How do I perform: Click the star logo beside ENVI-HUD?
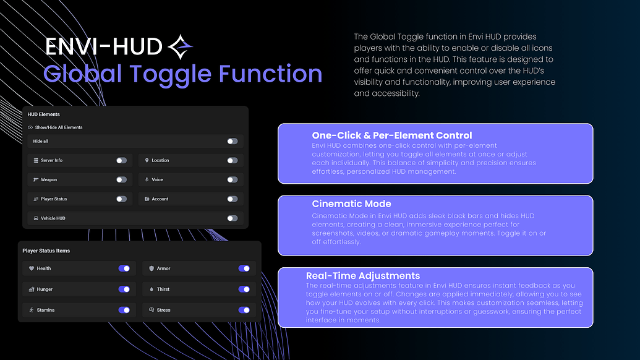pos(181,45)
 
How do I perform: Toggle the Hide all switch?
pos(232,141)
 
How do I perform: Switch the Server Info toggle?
pos(121,160)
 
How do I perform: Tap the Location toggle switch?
pos(232,160)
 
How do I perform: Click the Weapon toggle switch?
pos(121,179)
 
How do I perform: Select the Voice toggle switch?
pos(232,179)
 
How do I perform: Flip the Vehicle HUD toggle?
pos(232,218)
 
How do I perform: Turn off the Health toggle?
pos(124,268)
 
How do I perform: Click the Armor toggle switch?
pos(244,268)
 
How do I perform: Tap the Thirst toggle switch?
pos(244,289)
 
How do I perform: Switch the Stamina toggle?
pos(124,310)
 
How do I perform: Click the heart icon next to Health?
pos(31,268)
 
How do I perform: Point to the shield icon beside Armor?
pos(151,268)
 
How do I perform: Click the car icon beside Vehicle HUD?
pos(36,218)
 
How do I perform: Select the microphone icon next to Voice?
pos(147,179)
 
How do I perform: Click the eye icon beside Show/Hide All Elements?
pos(30,127)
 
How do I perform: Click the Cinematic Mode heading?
pos(351,204)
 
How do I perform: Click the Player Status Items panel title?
pos(46,251)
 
